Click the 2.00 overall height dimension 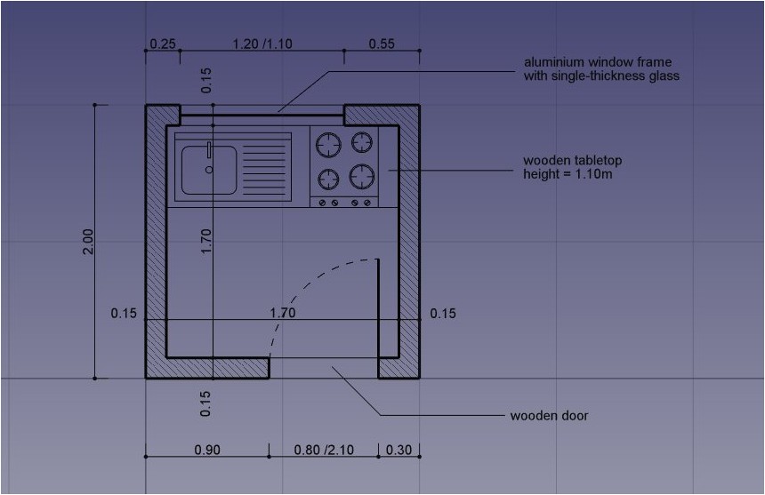point(87,242)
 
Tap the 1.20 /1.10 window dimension point(262,44)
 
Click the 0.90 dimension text point(206,450)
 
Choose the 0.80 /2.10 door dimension point(324,450)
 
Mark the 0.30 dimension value point(399,450)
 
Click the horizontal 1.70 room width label point(283,313)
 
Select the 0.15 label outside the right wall point(442,313)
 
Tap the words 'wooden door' point(548,415)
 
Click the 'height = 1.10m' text point(568,174)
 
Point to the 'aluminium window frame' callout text point(597,62)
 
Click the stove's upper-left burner point(329,143)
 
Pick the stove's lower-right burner point(361,176)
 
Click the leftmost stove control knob point(323,203)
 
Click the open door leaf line point(380,307)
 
